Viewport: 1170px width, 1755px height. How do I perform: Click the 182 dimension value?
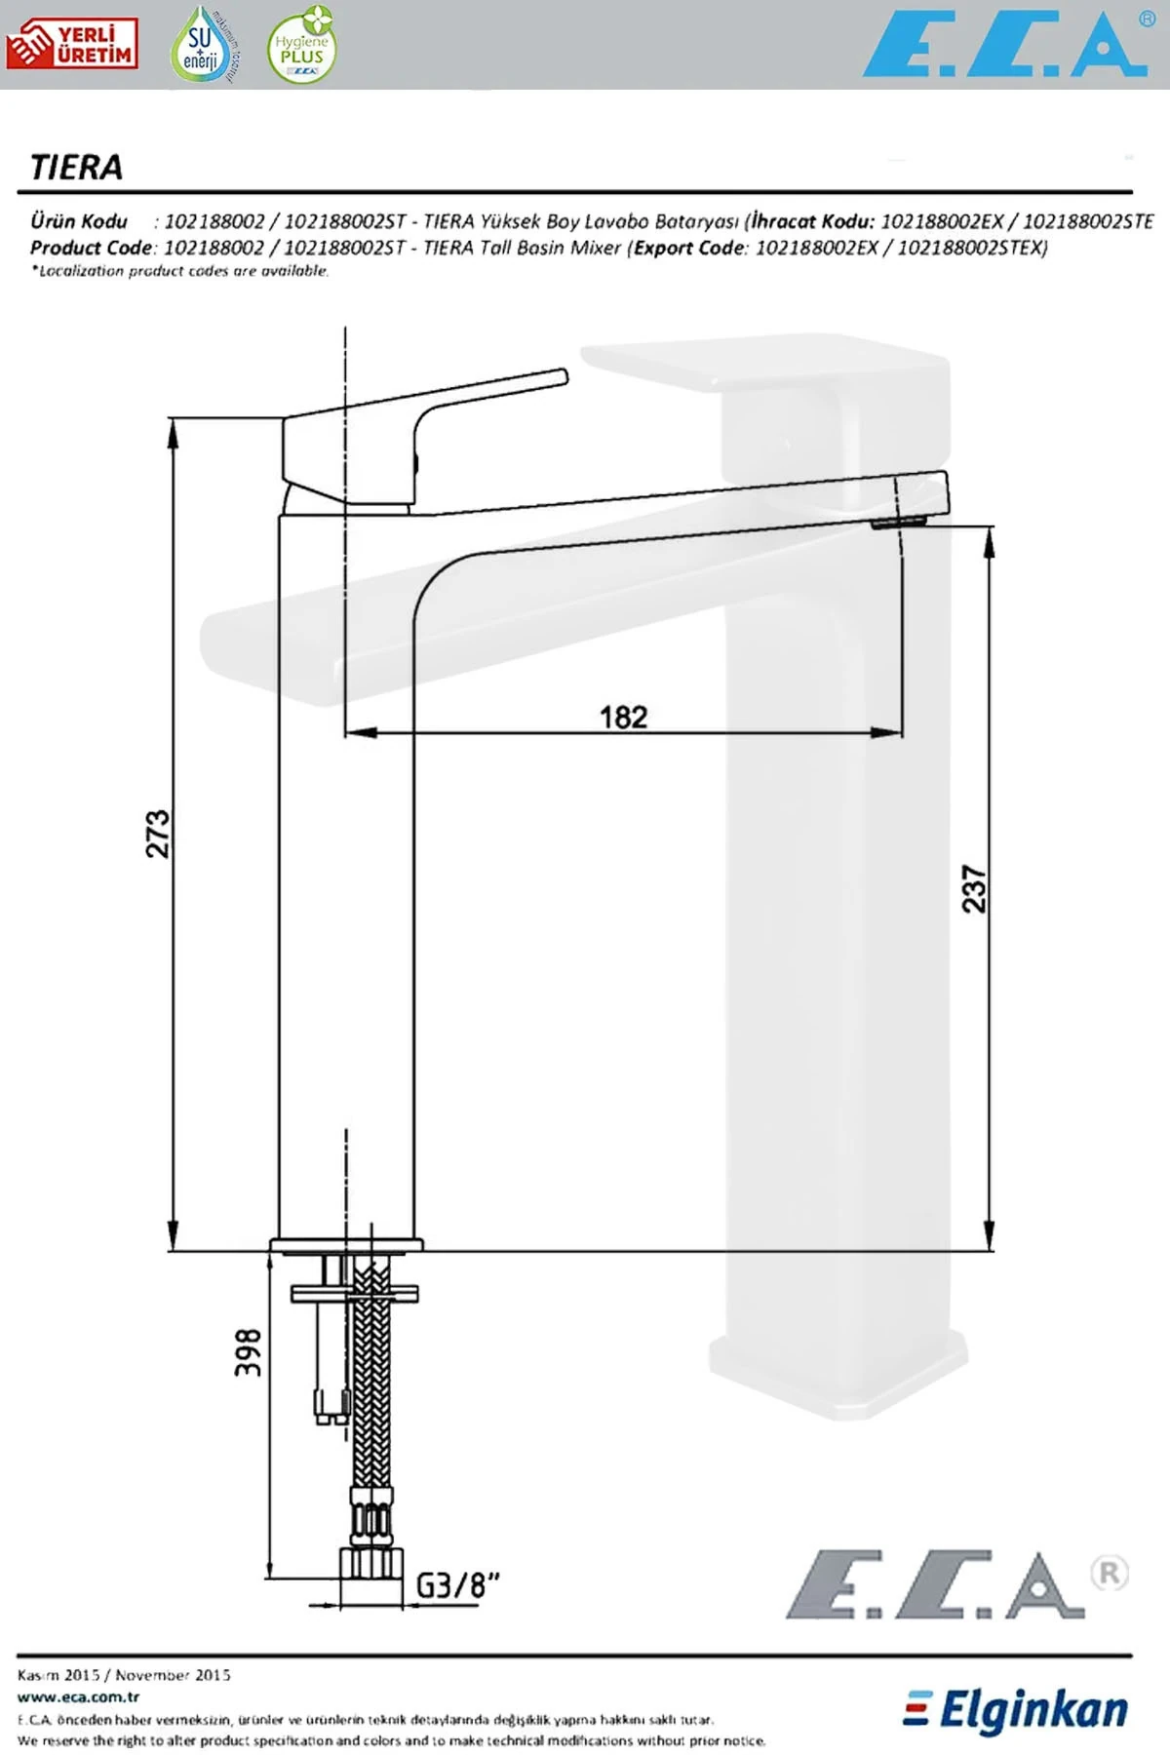pos(623,718)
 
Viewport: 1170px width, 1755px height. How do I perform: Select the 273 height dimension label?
pos(158,833)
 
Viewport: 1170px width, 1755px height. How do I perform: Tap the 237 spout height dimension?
pos(974,888)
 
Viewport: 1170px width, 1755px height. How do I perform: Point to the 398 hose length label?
pos(249,1351)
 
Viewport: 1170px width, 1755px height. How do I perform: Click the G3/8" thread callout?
pos(457,1584)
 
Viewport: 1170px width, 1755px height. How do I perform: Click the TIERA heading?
pos(76,168)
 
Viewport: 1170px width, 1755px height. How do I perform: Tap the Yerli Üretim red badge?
pos(71,45)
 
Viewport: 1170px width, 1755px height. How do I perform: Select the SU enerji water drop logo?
pos(202,45)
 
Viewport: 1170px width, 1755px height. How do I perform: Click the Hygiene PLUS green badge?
pos(301,47)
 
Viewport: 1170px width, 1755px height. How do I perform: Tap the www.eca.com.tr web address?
pos(78,1696)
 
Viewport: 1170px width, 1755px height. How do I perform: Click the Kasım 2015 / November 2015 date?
pos(124,1675)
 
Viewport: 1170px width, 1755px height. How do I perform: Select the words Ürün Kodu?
pos(78,221)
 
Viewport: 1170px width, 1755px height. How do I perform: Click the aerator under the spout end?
pos(897,524)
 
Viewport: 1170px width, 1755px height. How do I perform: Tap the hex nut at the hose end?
pos(371,1563)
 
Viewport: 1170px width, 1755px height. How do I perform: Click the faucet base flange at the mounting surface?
pos(346,1245)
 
